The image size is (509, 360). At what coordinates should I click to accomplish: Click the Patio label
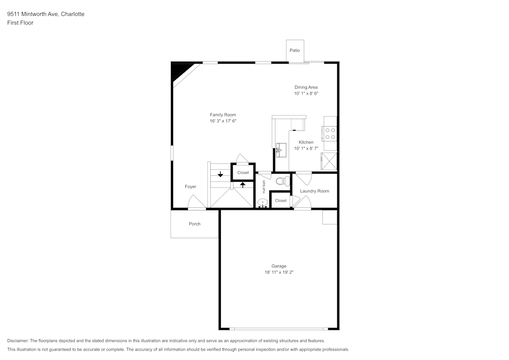click(295, 50)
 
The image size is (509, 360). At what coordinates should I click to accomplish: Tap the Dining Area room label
click(306, 87)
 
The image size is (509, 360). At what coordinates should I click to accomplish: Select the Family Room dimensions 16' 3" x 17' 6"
click(223, 121)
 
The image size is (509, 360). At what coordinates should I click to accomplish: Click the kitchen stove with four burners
click(330, 133)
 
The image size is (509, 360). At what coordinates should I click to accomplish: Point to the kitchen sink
click(281, 149)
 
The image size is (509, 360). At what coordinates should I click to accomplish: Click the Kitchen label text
click(306, 142)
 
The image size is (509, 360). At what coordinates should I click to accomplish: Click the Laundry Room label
click(314, 191)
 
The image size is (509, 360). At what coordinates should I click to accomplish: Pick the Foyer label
click(190, 187)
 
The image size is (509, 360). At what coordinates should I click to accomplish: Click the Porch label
click(194, 224)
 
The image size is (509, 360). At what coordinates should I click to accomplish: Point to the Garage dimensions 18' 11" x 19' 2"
click(278, 272)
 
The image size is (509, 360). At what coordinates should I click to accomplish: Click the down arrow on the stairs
click(220, 174)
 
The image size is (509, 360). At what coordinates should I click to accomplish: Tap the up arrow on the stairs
click(243, 185)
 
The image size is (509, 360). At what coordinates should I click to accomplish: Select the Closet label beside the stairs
click(243, 173)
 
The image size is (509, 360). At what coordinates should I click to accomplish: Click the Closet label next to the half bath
click(281, 201)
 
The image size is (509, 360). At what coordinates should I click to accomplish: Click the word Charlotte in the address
click(72, 14)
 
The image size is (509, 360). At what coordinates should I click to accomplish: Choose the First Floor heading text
click(20, 23)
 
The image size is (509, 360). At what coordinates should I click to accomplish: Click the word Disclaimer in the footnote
click(18, 341)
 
